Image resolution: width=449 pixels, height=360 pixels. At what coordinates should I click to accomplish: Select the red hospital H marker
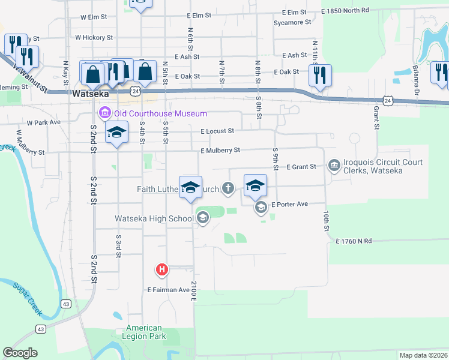[x=161, y=271]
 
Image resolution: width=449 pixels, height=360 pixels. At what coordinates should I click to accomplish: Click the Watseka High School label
[x=154, y=218]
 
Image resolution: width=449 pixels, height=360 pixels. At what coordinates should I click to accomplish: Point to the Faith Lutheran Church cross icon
[x=228, y=189]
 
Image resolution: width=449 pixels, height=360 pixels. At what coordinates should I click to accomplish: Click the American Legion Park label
[x=144, y=332]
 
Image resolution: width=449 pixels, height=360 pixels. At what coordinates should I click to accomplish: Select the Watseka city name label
[x=89, y=95]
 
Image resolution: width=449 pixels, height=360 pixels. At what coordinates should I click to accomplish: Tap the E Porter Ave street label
[x=289, y=204]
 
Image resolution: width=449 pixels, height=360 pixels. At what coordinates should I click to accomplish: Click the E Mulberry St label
[x=220, y=150]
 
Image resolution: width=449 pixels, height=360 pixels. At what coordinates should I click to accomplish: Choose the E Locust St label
[x=217, y=131]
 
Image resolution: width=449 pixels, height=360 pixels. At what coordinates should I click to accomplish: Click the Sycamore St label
[x=292, y=22]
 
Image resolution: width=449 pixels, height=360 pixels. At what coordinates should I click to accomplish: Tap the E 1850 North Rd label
[x=345, y=11]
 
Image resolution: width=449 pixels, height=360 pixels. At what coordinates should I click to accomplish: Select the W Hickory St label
[x=94, y=37]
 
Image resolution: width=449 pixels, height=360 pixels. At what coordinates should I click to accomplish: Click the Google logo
[x=20, y=353]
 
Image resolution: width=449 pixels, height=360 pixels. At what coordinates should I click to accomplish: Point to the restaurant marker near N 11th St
[x=320, y=76]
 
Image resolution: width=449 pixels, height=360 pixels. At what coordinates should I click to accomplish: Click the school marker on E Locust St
[x=117, y=133]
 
